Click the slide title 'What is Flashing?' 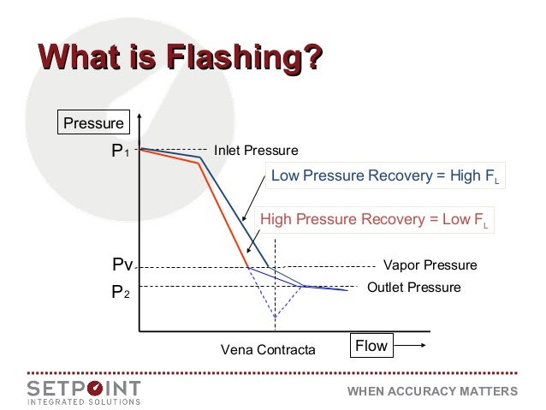(x=179, y=59)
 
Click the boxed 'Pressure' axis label (x=92, y=122)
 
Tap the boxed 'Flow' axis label (x=371, y=347)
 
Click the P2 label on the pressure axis (x=119, y=292)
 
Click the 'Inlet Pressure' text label (x=255, y=151)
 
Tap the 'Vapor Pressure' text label (x=429, y=266)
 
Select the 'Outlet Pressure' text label (x=413, y=287)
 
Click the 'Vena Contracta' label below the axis (x=268, y=350)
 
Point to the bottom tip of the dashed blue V (x=275, y=318)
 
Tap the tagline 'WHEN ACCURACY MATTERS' (x=431, y=391)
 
